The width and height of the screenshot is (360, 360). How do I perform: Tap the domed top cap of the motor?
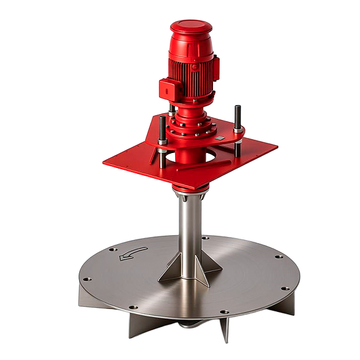191,29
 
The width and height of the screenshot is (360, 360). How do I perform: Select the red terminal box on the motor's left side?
170,89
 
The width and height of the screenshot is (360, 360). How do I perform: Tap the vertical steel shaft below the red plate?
190,231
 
